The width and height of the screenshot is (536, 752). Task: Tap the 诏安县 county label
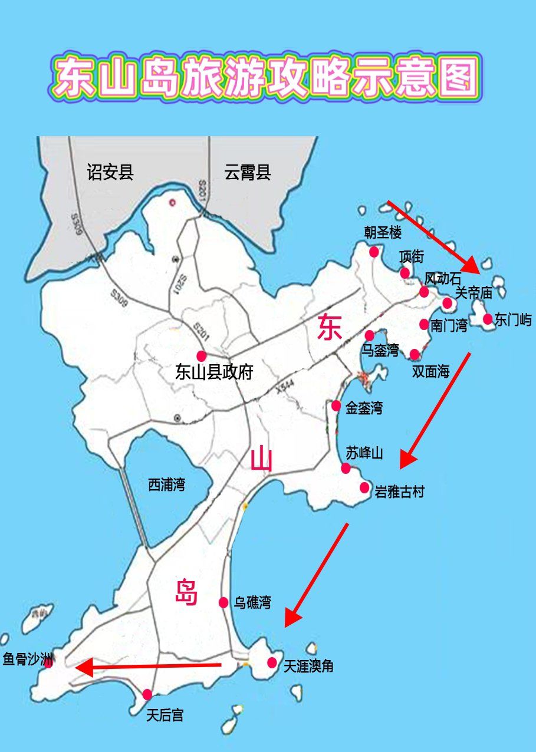(110, 172)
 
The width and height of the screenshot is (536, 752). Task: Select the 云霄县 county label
(248, 173)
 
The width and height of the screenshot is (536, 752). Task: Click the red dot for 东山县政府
(202, 356)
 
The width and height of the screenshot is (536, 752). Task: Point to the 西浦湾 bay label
(166, 485)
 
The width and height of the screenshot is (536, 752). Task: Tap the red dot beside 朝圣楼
(374, 252)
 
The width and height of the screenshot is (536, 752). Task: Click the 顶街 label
(412, 257)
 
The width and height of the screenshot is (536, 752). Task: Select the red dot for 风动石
(424, 292)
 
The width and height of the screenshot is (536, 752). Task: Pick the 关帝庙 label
(473, 292)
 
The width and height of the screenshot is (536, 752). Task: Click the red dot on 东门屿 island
(488, 319)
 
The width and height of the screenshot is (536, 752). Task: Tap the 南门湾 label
(449, 325)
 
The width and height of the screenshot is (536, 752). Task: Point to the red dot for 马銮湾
(370, 335)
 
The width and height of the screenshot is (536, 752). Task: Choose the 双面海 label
(430, 371)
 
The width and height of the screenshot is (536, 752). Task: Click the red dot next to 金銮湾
(336, 405)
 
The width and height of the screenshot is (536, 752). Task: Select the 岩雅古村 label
(399, 492)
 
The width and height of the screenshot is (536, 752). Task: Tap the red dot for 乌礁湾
(223, 602)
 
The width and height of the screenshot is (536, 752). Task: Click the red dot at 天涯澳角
(272, 662)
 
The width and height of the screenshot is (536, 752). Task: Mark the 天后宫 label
(165, 715)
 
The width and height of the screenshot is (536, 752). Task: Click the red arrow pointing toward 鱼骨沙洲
(147, 667)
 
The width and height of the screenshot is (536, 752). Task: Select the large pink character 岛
(186, 592)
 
